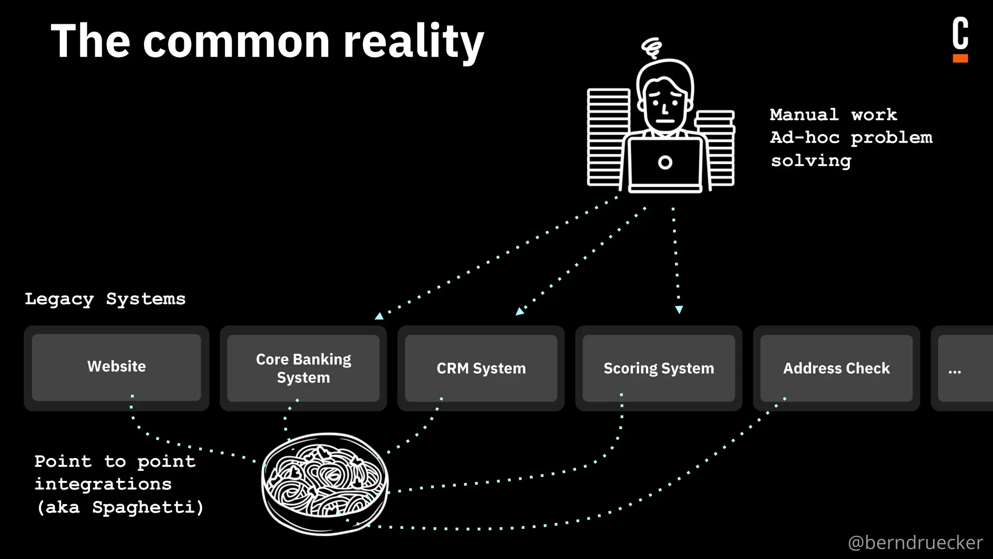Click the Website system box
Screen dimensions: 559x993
tap(116, 367)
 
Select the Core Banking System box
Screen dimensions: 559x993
tap(303, 368)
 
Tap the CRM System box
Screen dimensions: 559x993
tap(480, 368)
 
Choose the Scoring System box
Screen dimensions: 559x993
tap(658, 368)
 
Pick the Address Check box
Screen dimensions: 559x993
tap(836, 368)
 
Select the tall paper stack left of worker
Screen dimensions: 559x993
tap(608, 137)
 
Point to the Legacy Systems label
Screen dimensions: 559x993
tap(105, 299)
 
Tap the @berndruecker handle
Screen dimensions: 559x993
tap(915, 543)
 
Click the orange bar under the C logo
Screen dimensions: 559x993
tap(960, 58)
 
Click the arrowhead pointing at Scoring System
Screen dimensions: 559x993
tap(679, 310)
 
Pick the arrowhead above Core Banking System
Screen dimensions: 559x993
tap(379, 316)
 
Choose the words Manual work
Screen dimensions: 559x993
tap(833, 115)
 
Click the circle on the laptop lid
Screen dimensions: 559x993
tap(665, 163)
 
